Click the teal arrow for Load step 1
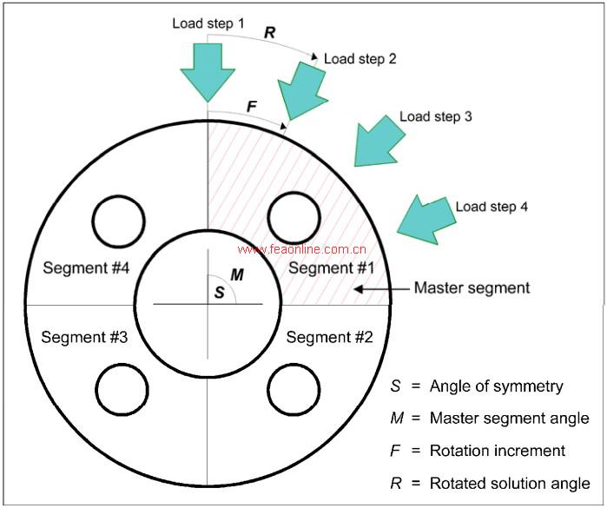[208, 69]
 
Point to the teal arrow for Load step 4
[425, 218]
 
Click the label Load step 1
[208, 23]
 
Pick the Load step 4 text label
[492, 207]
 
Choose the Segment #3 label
[84, 336]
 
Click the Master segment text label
[472, 287]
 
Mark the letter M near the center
[235, 274]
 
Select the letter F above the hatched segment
[251, 107]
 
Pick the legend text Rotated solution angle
[510, 483]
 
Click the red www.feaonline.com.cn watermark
[301, 248]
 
